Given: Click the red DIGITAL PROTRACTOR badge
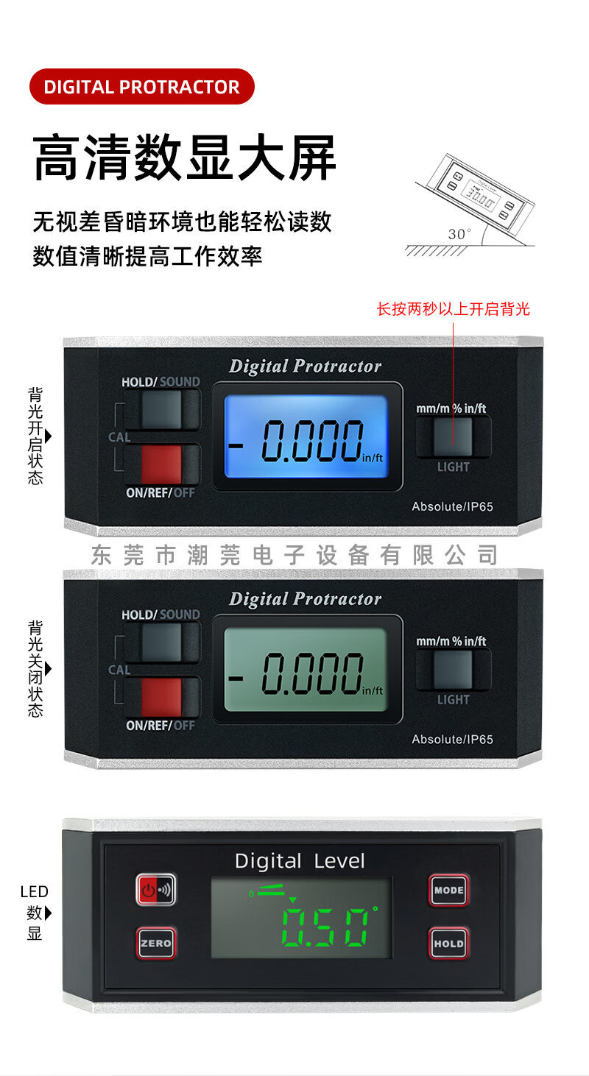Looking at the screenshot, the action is pyautogui.click(x=141, y=86).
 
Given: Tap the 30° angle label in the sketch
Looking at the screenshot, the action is pyautogui.click(x=459, y=234).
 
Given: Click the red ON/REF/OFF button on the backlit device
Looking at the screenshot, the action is pyautogui.click(x=161, y=464).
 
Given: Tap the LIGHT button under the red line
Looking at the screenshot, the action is pyautogui.click(x=453, y=436).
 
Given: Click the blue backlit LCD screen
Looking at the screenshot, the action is pyautogui.click(x=306, y=436).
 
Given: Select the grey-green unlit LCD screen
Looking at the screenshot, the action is pyautogui.click(x=306, y=669).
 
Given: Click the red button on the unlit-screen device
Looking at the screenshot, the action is pyautogui.click(x=161, y=696).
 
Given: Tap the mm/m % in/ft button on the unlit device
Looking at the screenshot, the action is pyautogui.click(x=453, y=669).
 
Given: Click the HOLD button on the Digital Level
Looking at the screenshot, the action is pyautogui.click(x=448, y=943).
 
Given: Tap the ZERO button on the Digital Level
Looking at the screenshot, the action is pyautogui.click(x=155, y=943).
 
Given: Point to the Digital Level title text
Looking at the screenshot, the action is pyautogui.click(x=300, y=861).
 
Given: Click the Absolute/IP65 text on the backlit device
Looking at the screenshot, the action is pyautogui.click(x=452, y=506).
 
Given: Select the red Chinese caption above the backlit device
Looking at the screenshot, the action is pyautogui.click(x=453, y=309).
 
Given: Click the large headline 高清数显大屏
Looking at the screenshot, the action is pyautogui.click(x=185, y=157).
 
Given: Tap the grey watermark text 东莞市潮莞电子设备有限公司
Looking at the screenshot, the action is pyautogui.click(x=294, y=555).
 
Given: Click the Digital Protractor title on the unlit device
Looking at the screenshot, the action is pyautogui.click(x=305, y=599).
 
